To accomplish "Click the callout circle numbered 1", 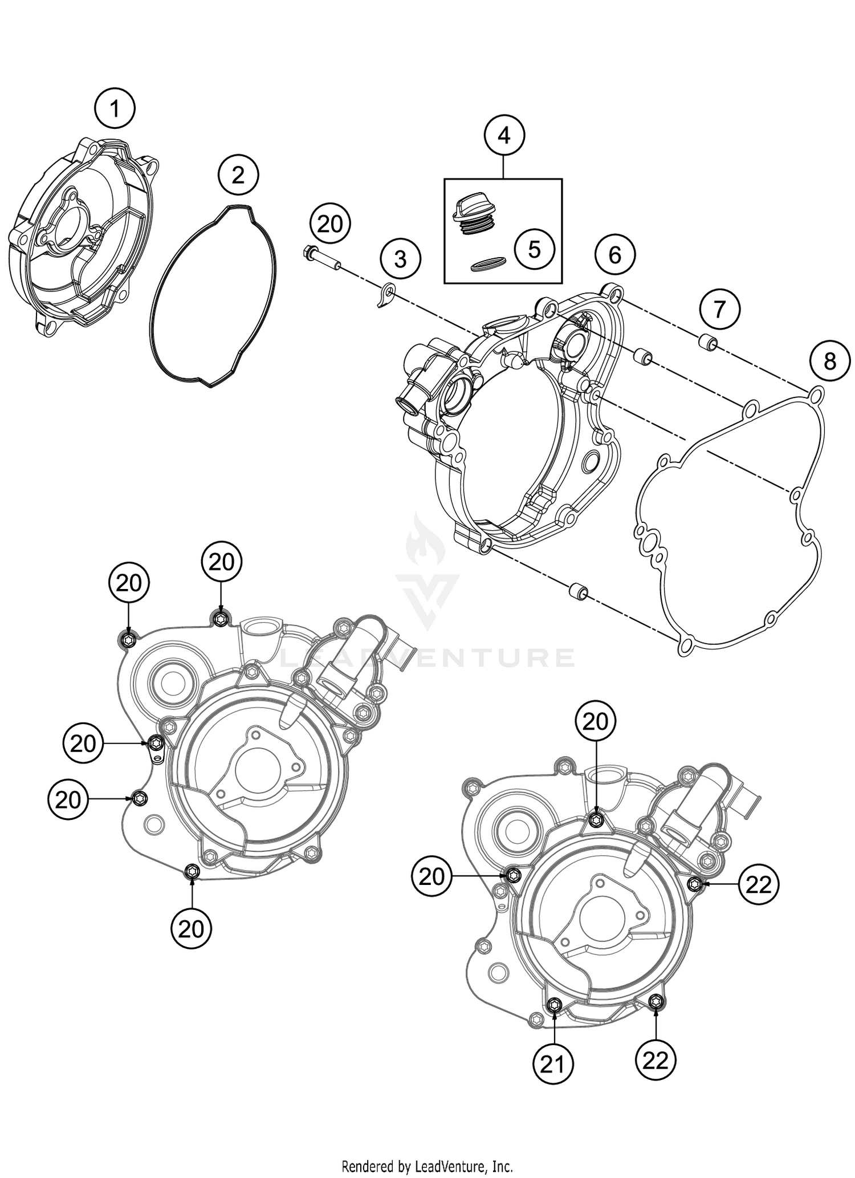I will [115, 108].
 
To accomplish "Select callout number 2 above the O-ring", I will [238, 174].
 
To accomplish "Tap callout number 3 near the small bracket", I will [401, 259].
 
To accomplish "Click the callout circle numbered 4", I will [504, 136].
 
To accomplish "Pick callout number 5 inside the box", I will [534, 249].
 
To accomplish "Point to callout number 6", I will [614, 254].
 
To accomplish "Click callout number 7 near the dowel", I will [719, 309].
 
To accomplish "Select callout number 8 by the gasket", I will [830, 360].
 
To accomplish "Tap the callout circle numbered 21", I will [553, 1064].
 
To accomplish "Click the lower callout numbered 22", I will [655, 1061].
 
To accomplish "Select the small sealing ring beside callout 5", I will [488, 263].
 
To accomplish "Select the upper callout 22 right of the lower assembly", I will [758, 884].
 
